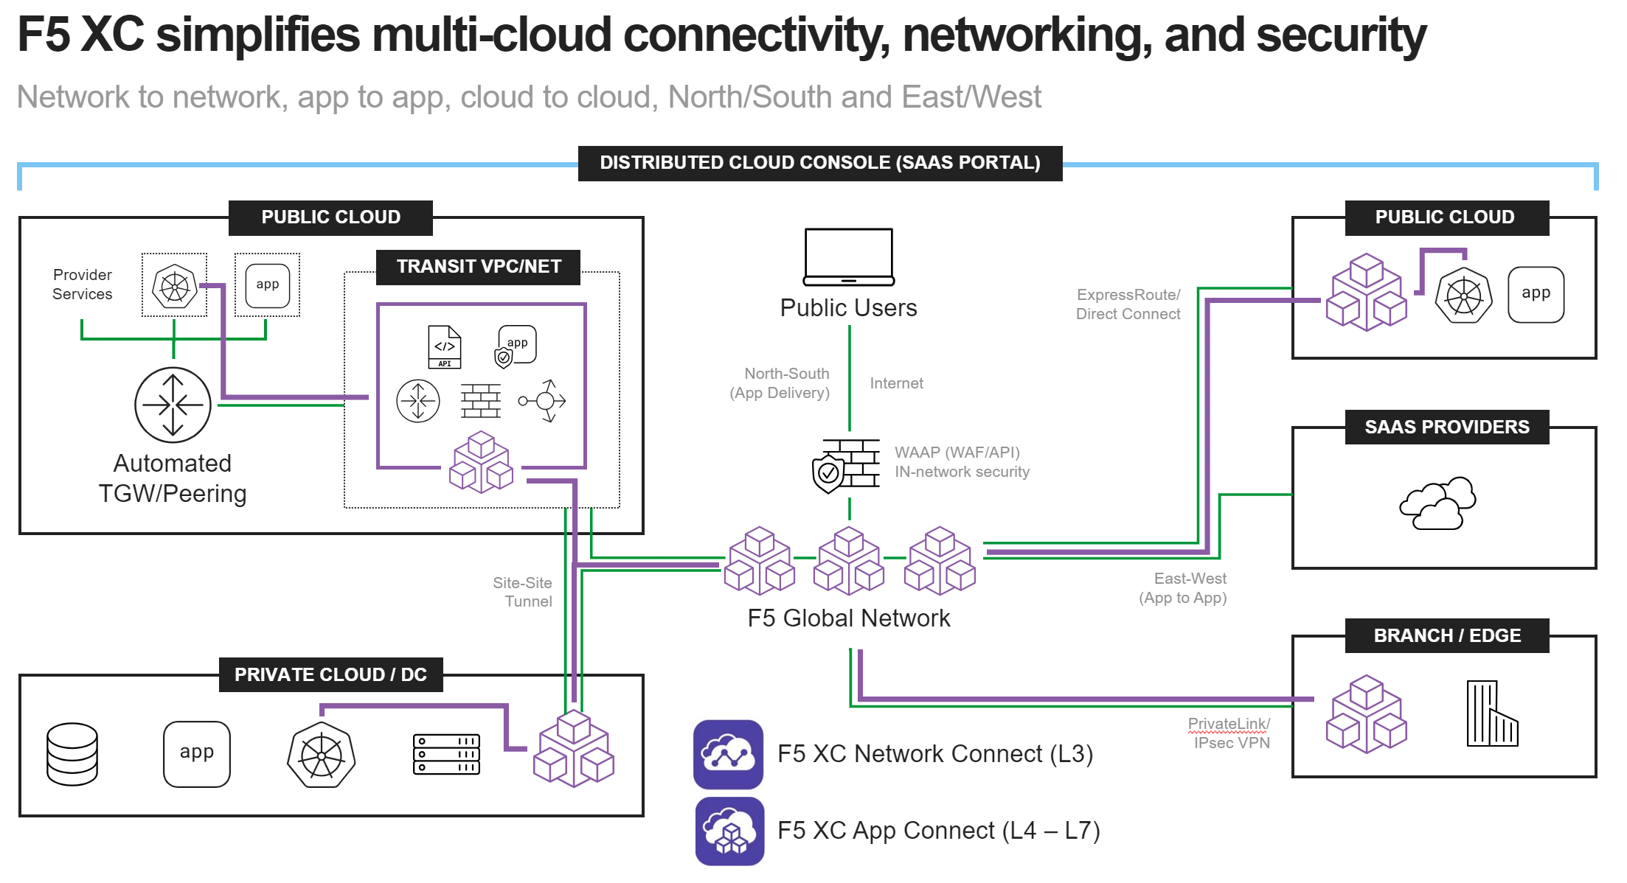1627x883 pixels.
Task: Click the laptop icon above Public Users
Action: tap(848, 256)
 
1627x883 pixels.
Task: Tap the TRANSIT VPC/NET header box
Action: tap(479, 267)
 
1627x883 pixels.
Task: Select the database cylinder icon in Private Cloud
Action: tap(72, 754)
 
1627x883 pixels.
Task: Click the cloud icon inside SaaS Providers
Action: tap(1437, 503)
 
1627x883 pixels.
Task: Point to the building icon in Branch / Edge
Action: tap(1491, 713)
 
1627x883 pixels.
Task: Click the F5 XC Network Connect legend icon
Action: tap(728, 754)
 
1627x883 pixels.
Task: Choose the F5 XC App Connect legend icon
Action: tap(729, 831)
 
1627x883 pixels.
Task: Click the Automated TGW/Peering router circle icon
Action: tap(173, 405)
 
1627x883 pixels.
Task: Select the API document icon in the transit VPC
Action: tap(445, 346)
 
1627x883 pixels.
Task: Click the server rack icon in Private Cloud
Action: tap(446, 754)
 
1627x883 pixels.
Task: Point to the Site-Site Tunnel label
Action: tap(524, 592)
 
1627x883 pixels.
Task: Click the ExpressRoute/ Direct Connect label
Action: tap(1128, 304)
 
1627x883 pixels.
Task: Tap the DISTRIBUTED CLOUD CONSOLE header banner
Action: tap(819, 163)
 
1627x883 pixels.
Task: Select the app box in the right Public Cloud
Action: tap(1536, 294)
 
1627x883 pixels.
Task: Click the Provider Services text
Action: tap(83, 285)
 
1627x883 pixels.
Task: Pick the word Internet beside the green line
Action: tap(896, 383)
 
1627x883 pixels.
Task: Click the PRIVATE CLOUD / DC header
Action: tap(330, 674)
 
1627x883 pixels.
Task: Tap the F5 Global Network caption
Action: tap(848, 618)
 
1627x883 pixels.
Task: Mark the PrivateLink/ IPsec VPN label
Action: tap(1230, 733)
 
